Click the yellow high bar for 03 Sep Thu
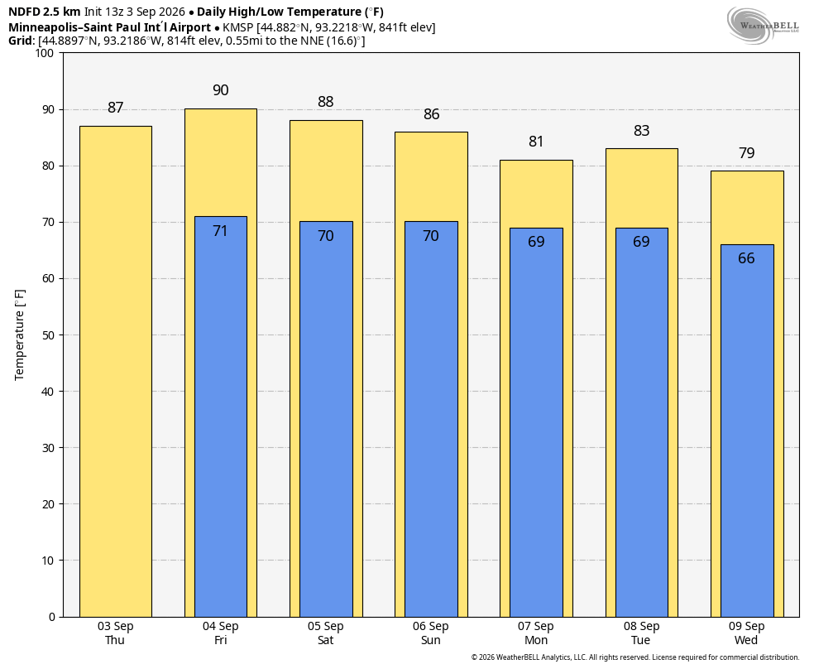116,372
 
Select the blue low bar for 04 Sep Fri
221,416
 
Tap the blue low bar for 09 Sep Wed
747,431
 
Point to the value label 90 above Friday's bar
221,90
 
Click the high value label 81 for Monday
536,142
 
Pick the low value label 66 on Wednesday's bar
746,258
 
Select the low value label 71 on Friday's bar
221,231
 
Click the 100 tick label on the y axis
45,53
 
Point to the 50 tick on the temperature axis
48,335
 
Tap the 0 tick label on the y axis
51,617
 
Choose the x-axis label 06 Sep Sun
431,633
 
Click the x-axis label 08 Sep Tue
642,633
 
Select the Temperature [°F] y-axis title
20,335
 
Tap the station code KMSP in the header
237,27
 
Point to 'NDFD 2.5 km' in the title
44,12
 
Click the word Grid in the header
21,41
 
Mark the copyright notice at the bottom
634,657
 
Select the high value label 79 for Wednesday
746,152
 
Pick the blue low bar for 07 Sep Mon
537,422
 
